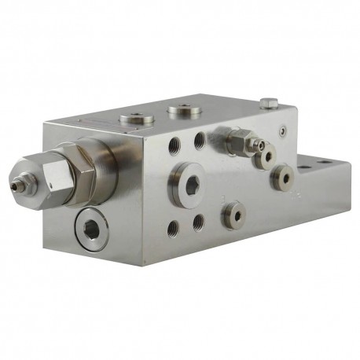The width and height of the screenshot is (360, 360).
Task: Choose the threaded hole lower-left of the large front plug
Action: coord(172,229)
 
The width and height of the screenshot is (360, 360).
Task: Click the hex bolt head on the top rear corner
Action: coord(268,101)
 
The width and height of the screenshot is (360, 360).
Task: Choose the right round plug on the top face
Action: coord(182,110)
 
